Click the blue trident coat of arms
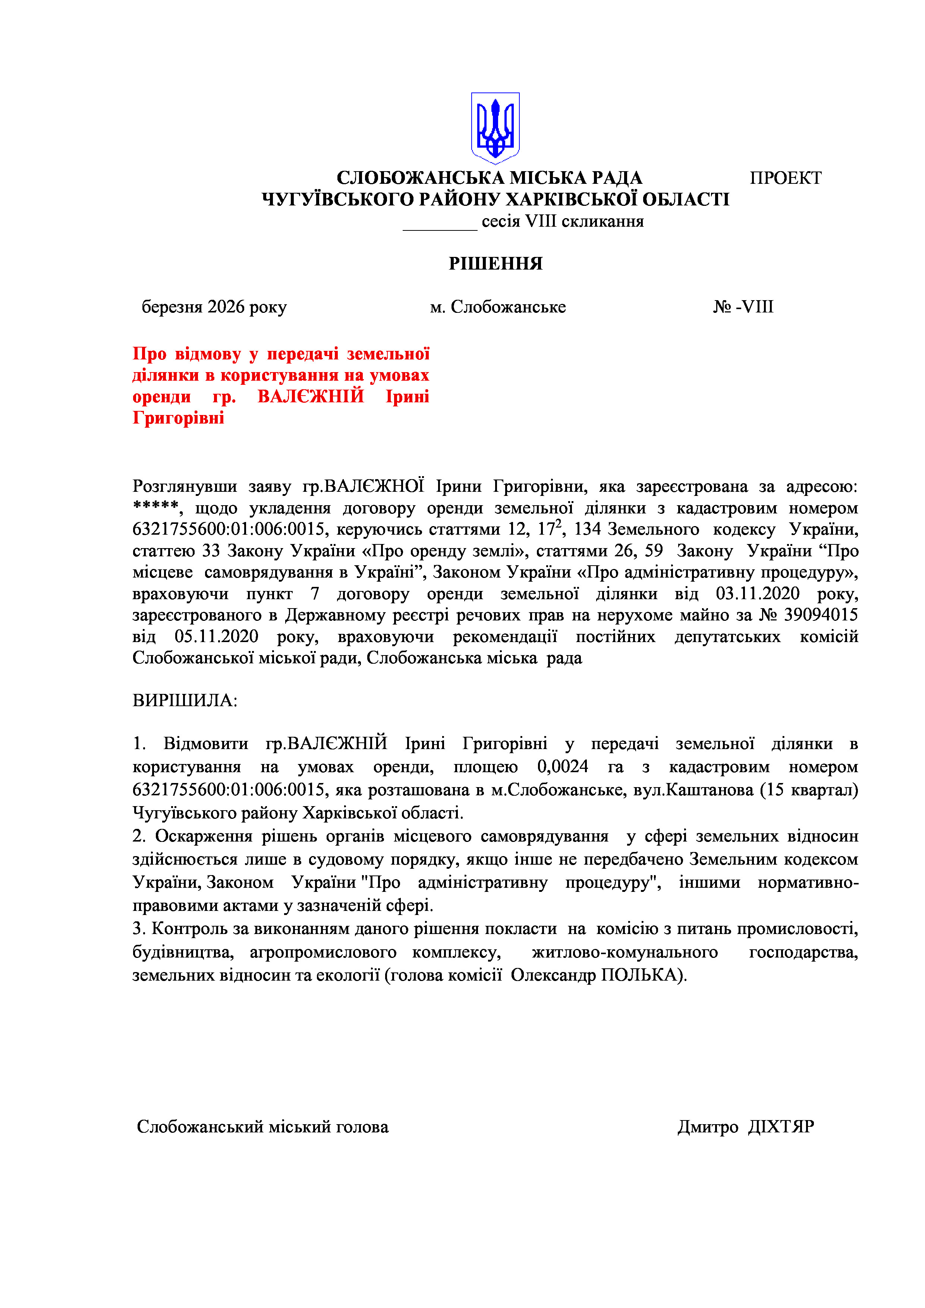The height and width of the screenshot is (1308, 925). point(495,128)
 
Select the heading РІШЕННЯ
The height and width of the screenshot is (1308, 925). point(495,264)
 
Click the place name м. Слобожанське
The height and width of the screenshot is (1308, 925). point(498,307)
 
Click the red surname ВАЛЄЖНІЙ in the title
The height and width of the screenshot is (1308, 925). point(311,396)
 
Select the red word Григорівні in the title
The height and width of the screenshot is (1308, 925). point(178,418)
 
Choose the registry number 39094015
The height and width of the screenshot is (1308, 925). point(821,615)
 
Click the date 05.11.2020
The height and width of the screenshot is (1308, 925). point(217,636)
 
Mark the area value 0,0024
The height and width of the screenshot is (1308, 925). point(563,767)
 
